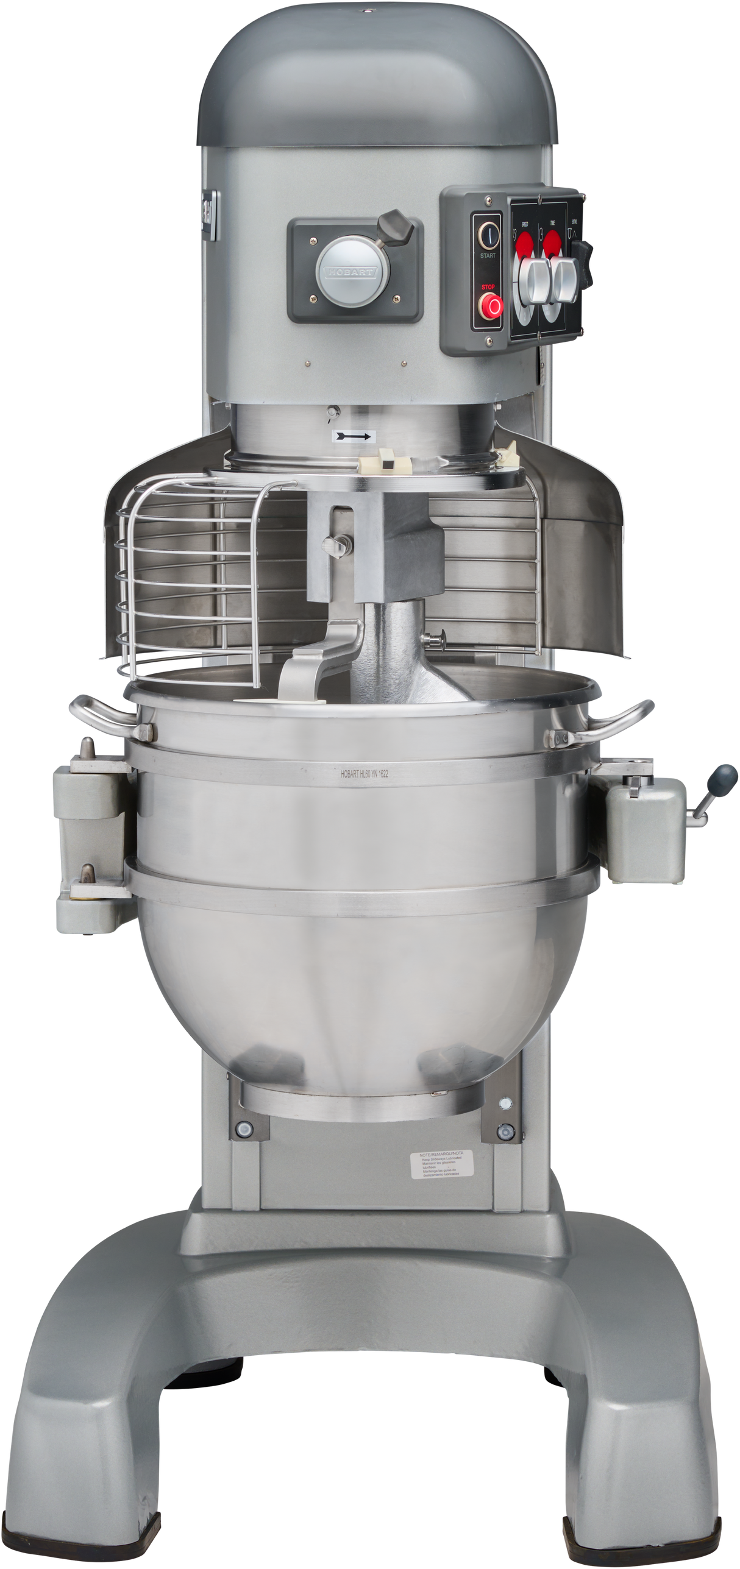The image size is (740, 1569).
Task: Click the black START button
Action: (488, 233)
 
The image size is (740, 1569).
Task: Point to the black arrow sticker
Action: (354, 436)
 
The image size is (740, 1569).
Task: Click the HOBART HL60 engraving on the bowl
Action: (365, 774)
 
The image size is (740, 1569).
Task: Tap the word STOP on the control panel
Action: (488, 286)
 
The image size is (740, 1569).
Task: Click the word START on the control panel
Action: (488, 255)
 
